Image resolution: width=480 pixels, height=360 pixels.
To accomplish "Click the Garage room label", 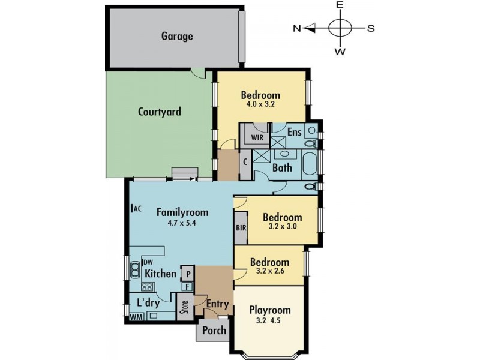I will click(x=177, y=36).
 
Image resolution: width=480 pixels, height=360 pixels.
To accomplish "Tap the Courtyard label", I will click(x=160, y=112).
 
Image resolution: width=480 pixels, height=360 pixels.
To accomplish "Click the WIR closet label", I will click(x=257, y=137).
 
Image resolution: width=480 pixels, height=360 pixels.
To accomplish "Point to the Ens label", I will click(x=294, y=132).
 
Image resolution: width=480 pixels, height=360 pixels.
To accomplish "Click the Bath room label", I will click(x=282, y=168).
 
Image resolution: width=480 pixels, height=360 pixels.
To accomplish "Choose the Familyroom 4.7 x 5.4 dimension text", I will click(x=182, y=223).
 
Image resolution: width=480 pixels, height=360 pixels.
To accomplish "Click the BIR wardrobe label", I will click(x=241, y=228).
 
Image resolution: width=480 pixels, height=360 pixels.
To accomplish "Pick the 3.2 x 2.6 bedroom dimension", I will click(x=269, y=272).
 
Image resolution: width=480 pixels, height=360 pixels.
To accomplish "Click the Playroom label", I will click(x=269, y=310).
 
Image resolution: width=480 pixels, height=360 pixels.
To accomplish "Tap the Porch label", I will click(x=214, y=330).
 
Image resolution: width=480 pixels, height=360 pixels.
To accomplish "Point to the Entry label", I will click(x=217, y=304).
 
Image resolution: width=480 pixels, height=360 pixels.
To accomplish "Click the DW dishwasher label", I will click(x=148, y=262).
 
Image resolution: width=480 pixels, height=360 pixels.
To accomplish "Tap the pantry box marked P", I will click(x=188, y=272).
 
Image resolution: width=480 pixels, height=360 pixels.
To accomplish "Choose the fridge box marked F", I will click(x=188, y=287).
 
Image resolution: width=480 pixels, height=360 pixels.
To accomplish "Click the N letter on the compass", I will click(x=297, y=28).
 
